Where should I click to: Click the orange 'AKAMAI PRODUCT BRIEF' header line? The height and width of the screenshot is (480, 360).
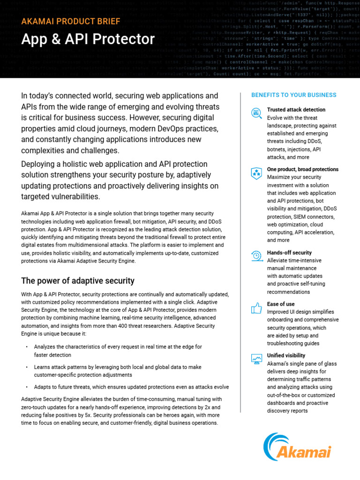(x=70, y=21)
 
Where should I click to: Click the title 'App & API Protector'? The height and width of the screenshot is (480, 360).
(x=88, y=39)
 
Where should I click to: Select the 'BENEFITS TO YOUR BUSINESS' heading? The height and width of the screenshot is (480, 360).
(x=294, y=95)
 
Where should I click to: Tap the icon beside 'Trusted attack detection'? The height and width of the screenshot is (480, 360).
(x=256, y=112)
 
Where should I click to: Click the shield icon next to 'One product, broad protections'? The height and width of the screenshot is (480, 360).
(x=256, y=173)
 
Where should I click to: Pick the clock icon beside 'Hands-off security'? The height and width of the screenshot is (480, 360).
(x=256, y=256)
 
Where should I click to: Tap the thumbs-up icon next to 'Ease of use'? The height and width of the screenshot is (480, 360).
(x=256, y=307)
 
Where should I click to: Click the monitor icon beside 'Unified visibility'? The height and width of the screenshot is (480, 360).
(x=256, y=359)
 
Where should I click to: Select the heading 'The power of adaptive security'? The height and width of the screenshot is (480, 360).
(x=78, y=281)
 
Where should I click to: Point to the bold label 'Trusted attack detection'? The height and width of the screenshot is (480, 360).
(x=296, y=110)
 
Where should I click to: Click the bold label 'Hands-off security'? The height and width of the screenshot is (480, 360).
(x=289, y=253)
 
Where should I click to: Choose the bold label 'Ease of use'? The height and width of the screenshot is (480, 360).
(x=281, y=304)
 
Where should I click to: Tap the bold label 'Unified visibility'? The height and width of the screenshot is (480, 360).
(x=286, y=356)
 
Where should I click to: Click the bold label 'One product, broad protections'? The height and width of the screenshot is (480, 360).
(x=302, y=169)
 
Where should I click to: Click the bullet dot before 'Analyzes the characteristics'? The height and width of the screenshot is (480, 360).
(x=27, y=347)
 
